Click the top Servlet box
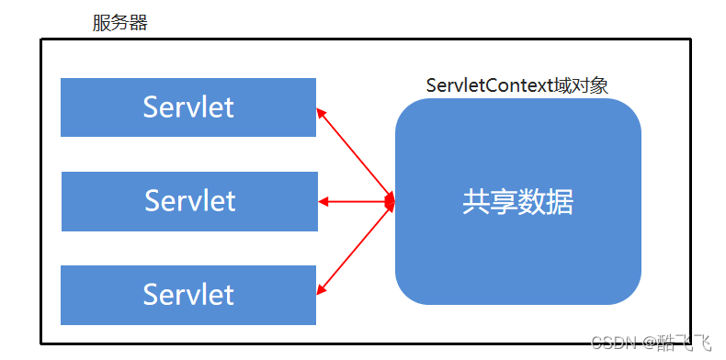click(x=188, y=107)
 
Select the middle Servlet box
click(x=189, y=201)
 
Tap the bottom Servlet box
click(x=188, y=295)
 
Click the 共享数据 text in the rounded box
click(x=517, y=202)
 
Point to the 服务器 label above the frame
click(x=119, y=23)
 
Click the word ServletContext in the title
click(x=489, y=85)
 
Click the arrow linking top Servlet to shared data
click(x=355, y=154)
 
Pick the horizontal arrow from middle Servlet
click(x=355, y=201)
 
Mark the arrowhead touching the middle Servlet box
click(x=323, y=201)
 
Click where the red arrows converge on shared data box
click(x=391, y=201)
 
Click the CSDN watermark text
click(x=615, y=343)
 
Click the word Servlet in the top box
click(x=188, y=107)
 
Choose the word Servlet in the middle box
click(x=189, y=201)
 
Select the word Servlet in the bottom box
click(x=188, y=295)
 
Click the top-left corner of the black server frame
click(x=41, y=39)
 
